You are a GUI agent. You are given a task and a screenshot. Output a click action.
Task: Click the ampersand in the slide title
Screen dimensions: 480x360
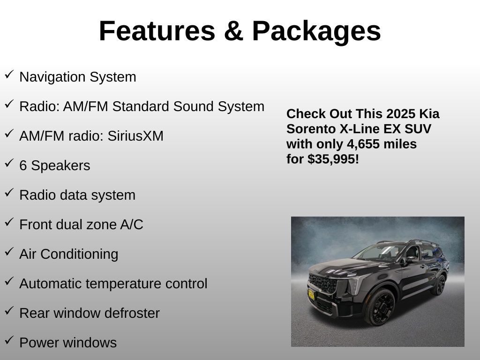point(233,31)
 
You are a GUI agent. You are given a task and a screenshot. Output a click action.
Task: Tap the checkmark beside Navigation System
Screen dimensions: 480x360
point(9,75)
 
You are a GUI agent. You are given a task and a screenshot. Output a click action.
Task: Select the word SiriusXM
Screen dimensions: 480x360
point(135,136)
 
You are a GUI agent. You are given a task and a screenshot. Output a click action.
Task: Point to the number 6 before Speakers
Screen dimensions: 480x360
point(23,165)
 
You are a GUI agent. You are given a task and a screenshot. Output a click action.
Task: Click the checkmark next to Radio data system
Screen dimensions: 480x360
point(9,193)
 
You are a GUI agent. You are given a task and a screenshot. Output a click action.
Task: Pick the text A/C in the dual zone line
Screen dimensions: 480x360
point(132,225)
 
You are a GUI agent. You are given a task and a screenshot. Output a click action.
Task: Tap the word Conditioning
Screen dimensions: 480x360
point(79,255)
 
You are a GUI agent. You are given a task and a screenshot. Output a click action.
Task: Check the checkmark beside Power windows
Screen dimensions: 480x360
point(9,340)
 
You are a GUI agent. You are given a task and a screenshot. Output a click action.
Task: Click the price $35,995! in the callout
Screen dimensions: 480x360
point(333,159)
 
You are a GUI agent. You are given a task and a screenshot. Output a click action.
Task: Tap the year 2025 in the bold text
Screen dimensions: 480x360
point(401,114)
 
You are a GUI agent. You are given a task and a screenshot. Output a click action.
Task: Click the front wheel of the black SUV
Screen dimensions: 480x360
point(380,307)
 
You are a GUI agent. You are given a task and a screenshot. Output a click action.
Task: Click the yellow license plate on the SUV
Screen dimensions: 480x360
point(311,294)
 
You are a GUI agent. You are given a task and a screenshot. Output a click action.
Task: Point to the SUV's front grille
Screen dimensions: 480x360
point(323,283)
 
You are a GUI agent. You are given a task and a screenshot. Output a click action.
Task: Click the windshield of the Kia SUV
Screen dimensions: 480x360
point(379,253)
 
